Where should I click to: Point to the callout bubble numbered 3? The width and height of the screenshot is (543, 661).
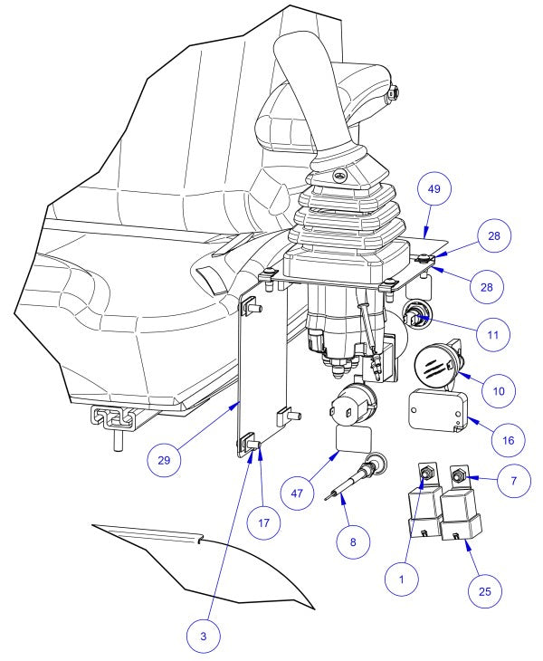(x=203, y=637)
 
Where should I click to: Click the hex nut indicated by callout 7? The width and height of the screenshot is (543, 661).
(x=460, y=474)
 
